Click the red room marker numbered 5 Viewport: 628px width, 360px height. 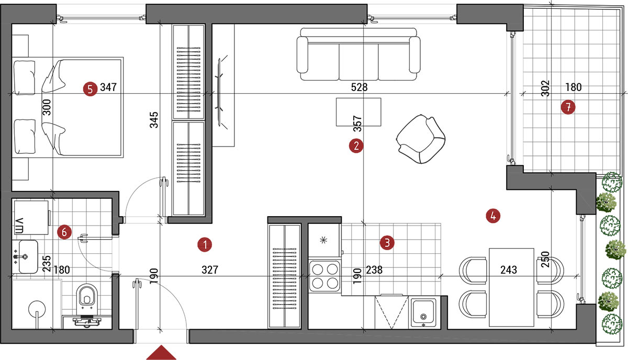(90, 89)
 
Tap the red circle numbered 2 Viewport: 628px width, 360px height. (356, 146)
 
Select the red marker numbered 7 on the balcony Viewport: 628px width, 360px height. (568, 107)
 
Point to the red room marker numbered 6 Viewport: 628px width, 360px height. (64, 232)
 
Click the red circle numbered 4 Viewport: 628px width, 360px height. (493, 216)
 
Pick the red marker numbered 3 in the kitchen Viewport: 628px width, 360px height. (387, 242)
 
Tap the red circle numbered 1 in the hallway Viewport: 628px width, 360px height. (205, 245)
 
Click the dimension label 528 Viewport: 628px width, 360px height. (359, 87)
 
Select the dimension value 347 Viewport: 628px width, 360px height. (108, 87)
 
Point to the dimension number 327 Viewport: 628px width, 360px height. (210, 269)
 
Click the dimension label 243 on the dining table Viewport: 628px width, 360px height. (509, 269)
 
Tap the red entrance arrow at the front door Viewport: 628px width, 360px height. (161, 353)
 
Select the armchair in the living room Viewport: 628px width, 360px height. (421, 139)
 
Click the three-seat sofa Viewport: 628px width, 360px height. (358, 54)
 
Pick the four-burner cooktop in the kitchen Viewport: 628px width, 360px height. (325, 276)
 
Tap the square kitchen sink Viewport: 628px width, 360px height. (423, 312)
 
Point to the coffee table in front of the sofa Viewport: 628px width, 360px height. (358, 112)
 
